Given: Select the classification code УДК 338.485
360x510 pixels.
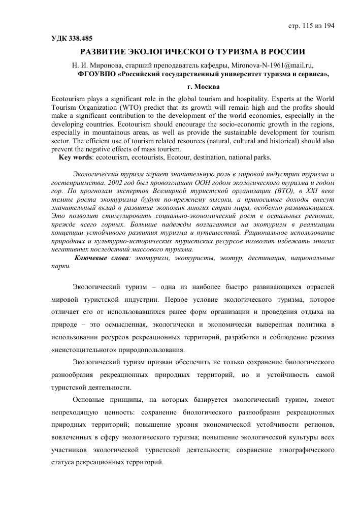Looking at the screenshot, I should pos(72,38).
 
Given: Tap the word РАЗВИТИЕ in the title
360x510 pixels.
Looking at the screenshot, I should pos(108,52).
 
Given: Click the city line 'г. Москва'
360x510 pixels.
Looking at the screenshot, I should pos(188,86).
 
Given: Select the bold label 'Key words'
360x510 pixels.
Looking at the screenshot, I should pos(77,157).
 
